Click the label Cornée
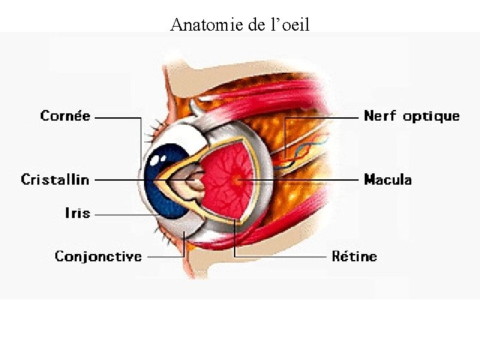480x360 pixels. click(x=65, y=116)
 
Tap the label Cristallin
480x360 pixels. click(x=55, y=179)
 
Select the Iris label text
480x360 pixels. click(x=77, y=213)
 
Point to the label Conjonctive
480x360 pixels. click(x=98, y=256)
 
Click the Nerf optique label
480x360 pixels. click(x=411, y=116)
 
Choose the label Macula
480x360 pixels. click(x=387, y=179)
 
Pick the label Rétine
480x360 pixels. click(x=354, y=256)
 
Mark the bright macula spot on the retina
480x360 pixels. click(x=236, y=179)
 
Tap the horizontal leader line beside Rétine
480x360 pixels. click(x=280, y=256)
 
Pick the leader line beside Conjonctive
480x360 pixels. click(x=163, y=256)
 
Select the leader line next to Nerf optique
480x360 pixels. click(x=320, y=117)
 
